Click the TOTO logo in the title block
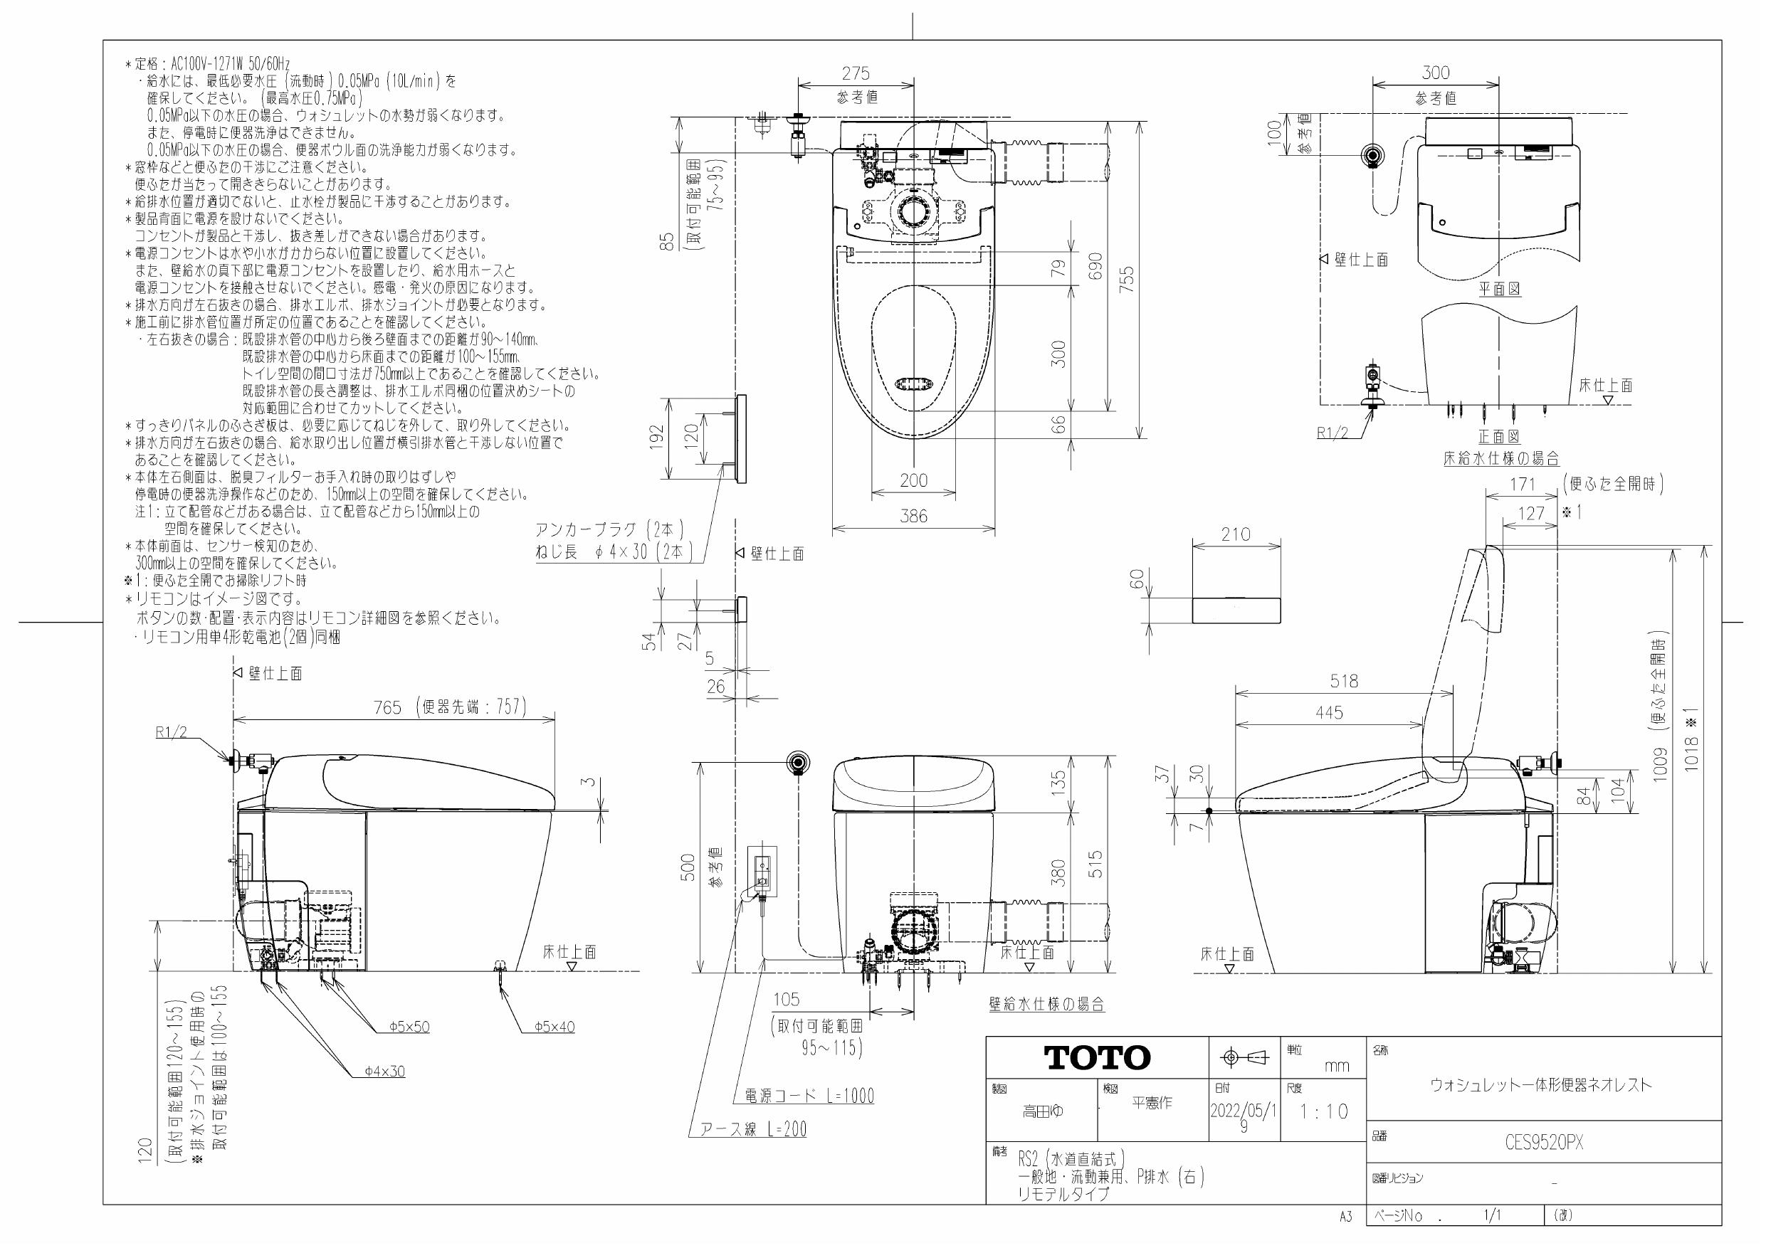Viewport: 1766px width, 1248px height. tap(1097, 1058)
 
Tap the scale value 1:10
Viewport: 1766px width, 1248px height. tap(1324, 1112)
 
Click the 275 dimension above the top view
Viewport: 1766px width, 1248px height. tap(856, 73)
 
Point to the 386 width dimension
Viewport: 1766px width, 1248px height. tap(914, 517)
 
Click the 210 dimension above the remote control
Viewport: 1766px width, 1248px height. tap(1235, 534)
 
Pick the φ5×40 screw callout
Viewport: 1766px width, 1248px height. tap(554, 1027)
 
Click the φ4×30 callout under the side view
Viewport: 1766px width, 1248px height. tap(384, 1071)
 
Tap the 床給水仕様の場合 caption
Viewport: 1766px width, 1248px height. tap(1500, 459)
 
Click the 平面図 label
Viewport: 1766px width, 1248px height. tap(1500, 289)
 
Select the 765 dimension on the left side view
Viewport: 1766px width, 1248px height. tap(388, 707)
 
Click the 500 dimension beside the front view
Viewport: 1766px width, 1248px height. tap(688, 867)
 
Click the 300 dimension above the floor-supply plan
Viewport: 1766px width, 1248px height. tap(1435, 73)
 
